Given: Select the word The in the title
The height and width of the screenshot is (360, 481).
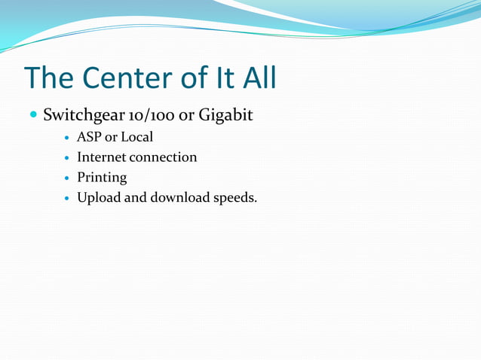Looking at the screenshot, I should (51, 78).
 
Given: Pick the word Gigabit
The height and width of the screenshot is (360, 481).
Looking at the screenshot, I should (225, 117).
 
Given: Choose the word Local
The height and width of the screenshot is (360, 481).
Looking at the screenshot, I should (136, 137).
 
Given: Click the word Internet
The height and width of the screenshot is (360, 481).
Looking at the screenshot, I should (102, 157).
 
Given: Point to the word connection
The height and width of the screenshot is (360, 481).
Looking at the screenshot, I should (163, 157).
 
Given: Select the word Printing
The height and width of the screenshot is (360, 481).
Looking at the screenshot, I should (102, 178).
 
